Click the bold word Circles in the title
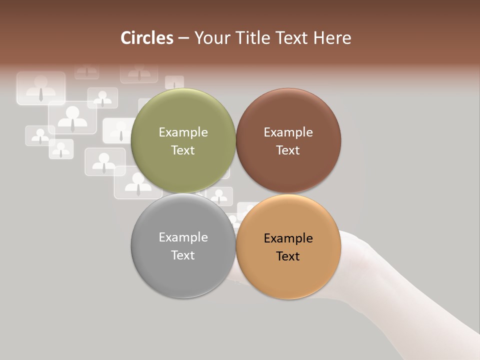click(147, 38)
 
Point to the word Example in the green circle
click(183, 132)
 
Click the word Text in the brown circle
click(288, 150)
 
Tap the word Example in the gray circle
click(183, 237)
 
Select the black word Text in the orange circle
click(288, 256)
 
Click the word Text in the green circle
click(183, 150)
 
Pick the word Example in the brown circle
click(288, 132)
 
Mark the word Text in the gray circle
click(183, 255)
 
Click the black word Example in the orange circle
click(288, 238)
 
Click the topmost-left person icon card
click(41, 88)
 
